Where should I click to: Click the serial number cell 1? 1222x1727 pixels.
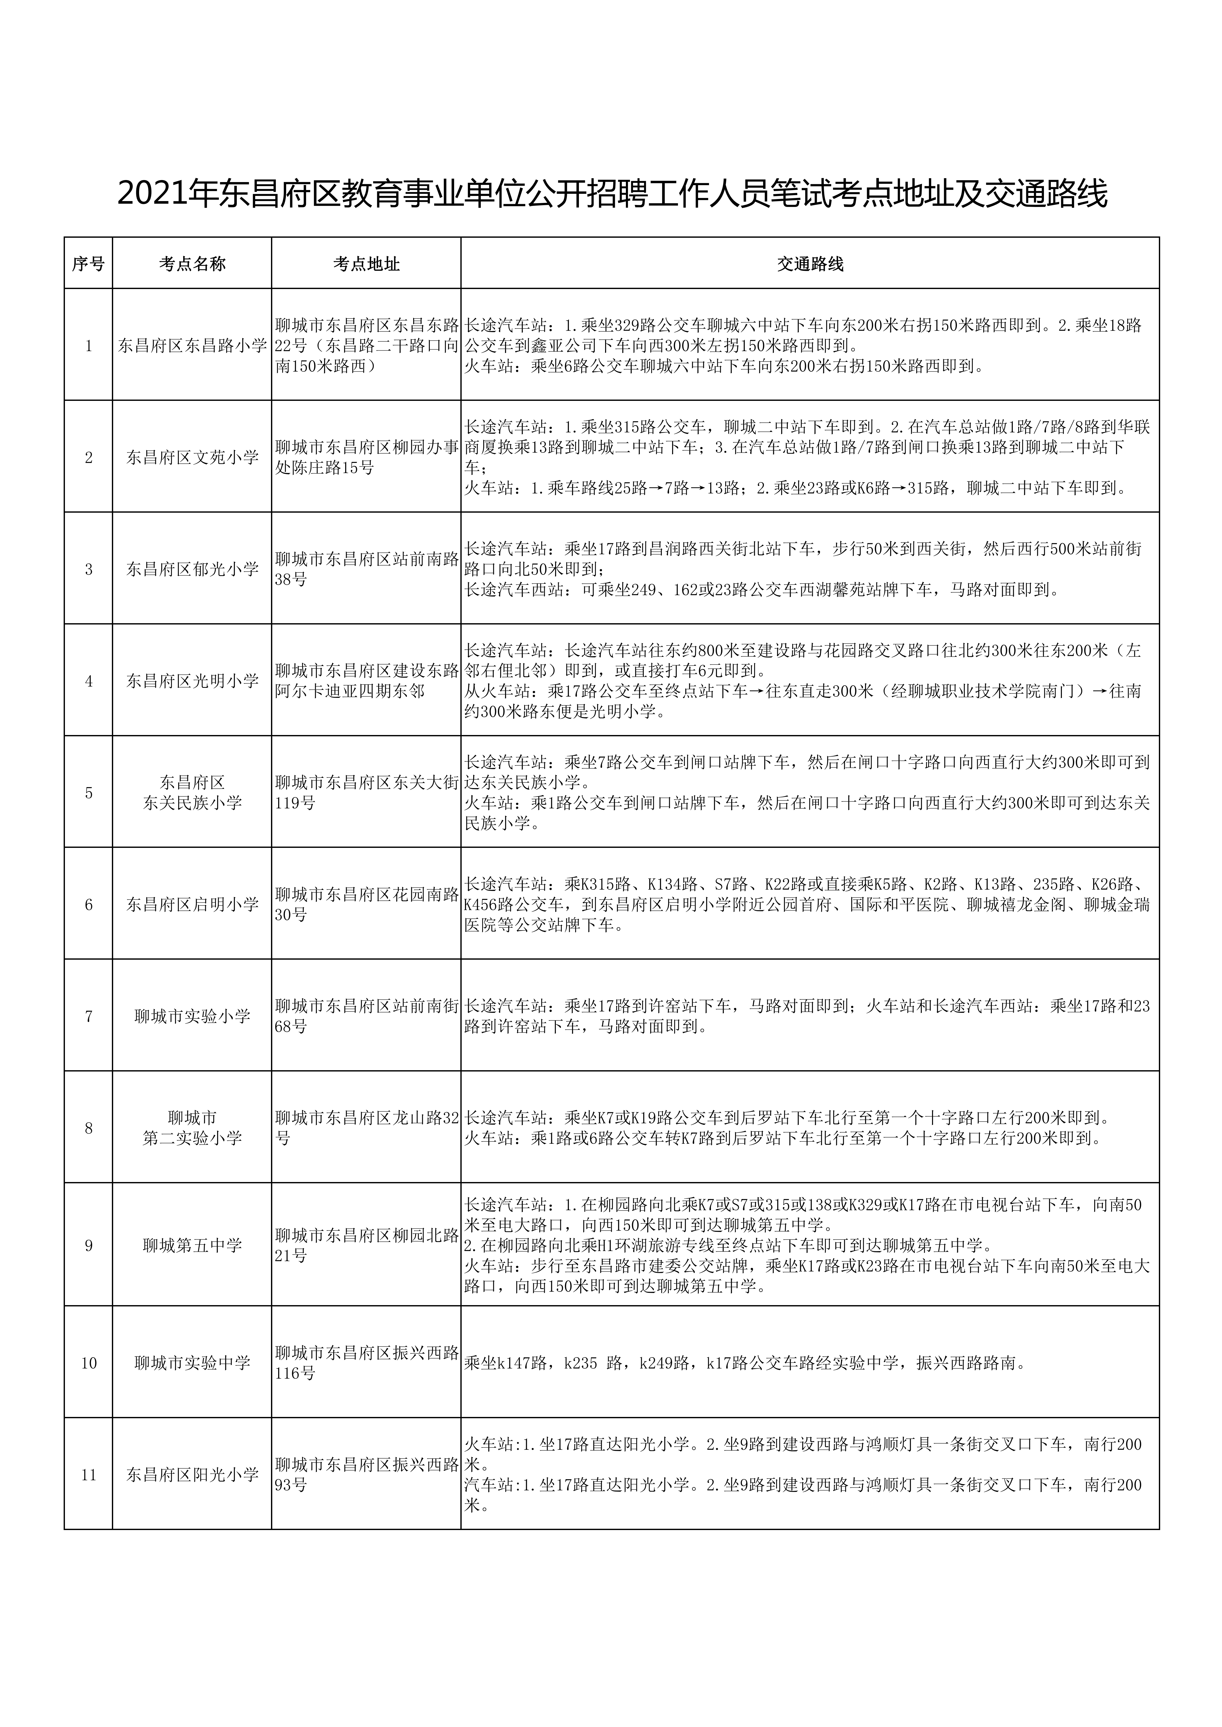point(89,346)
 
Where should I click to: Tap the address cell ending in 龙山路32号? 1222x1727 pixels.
point(366,1128)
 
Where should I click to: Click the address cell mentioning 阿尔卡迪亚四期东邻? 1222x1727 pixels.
point(366,681)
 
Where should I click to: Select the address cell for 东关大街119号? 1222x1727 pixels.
point(366,793)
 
